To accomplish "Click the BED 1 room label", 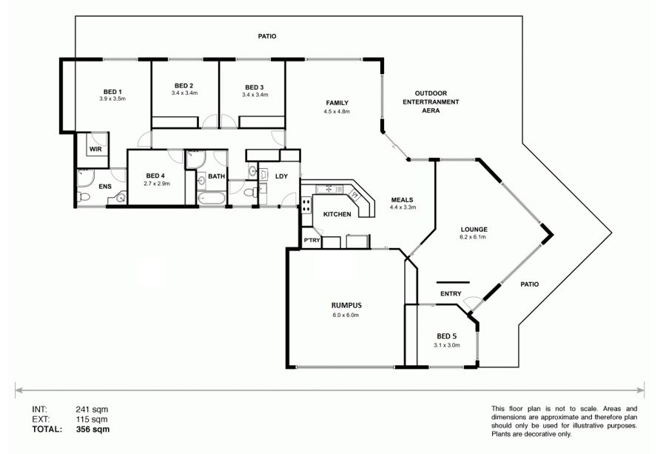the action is (x=112, y=92).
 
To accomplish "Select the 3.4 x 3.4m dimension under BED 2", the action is (x=184, y=93).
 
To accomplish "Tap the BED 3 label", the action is (x=255, y=87).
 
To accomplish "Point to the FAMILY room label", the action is (x=337, y=103).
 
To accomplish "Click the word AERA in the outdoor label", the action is (x=431, y=110).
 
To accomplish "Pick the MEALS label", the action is (x=403, y=200).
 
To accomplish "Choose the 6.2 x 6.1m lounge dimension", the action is (x=473, y=237).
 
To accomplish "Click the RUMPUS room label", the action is (x=346, y=305).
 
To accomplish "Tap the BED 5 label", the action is (x=446, y=336).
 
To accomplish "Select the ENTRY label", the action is (x=451, y=294).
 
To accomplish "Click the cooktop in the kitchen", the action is (x=306, y=205).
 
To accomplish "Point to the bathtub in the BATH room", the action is (x=210, y=198).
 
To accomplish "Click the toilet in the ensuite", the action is (x=83, y=197).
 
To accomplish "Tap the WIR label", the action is (x=95, y=149).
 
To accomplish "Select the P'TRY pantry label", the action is (x=312, y=241).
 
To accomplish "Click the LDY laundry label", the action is (x=282, y=176).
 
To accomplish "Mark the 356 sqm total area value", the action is (x=92, y=430).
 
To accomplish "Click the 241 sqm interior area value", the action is (x=92, y=410).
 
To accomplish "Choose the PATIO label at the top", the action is (x=267, y=36).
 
